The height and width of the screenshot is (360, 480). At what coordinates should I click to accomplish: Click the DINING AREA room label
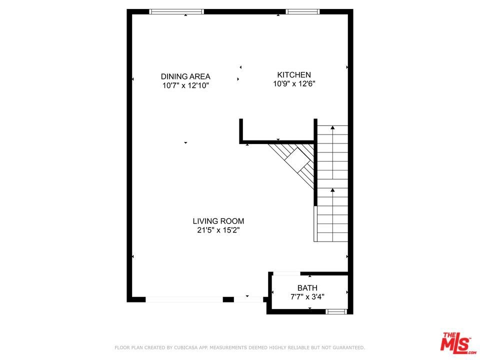click(185, 76)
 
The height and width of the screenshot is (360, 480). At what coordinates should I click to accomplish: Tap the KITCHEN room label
click(294, 74)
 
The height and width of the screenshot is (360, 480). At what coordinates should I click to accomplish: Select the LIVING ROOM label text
click(218, 221)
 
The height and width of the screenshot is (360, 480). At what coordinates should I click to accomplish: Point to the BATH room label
click(307, 288)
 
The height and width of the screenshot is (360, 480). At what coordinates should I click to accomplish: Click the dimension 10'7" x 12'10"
click(185, 85)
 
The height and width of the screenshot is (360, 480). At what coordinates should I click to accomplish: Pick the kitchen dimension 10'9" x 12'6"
click(294, 83)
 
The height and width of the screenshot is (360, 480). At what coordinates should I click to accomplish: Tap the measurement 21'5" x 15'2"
click(218, 230)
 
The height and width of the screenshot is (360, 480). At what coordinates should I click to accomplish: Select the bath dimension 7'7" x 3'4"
click(307, 296)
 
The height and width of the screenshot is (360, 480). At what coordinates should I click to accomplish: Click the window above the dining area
click(176, 11)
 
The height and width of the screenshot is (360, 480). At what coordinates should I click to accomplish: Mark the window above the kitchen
click(303, 11)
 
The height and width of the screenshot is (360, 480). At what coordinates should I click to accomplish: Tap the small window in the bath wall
click(336, 311)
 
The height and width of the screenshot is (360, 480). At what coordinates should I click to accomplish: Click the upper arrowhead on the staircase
click(333, 127)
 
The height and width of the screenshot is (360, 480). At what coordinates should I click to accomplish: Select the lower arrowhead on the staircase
click(333, 190)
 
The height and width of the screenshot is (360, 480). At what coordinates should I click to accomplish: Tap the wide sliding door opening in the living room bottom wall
click(184, 299)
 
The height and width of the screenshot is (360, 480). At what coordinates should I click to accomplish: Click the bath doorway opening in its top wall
click(286, 273)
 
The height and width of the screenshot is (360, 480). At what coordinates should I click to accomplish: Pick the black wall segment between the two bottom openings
click(228, 299)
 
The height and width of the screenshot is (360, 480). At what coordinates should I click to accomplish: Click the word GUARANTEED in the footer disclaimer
click(348, 347)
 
